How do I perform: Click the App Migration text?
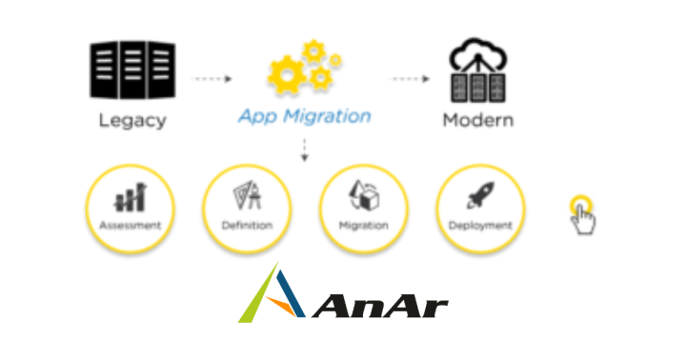(304, 116)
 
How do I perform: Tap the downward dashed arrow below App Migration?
(304, 150)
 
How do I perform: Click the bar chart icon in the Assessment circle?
(131, 197)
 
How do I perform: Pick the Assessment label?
(131, 226)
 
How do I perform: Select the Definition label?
(247, 226)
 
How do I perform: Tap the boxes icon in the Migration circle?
(363, 195)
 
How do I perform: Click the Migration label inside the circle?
(363, 226)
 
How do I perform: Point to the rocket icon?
(480, 195)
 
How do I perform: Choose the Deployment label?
(480, 226)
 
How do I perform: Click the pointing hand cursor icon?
(583, 217)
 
